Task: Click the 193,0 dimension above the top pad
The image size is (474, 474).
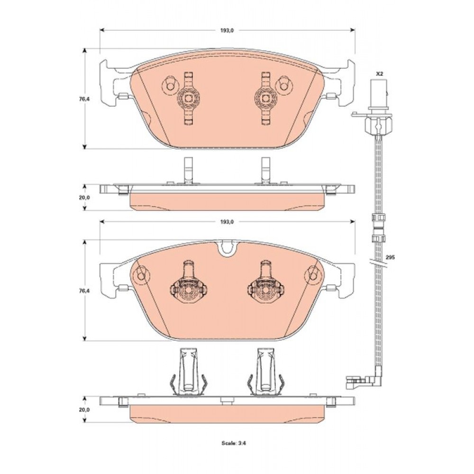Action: pyautogui.click(x=227, y=30)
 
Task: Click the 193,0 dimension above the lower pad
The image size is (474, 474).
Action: pyautogui.click(x=227, y=221)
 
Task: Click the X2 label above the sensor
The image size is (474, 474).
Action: pyautogui.click(x=379, y=73)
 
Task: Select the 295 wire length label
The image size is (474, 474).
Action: pyautogui.click(x=390, y=257)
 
